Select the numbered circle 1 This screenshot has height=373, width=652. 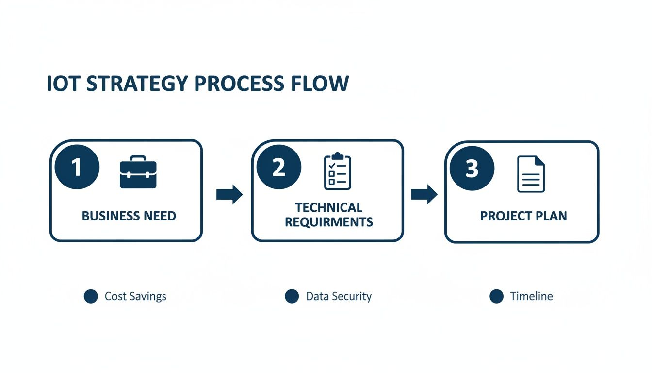[x=77, y=167]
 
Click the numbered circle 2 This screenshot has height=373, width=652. [x=278, y=167]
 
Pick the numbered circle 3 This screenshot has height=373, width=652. [x=472, y=169]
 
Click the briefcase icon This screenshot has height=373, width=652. [x=138, y=172]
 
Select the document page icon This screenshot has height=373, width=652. [x=531, y=173]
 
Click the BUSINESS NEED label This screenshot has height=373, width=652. [x=129, y=216]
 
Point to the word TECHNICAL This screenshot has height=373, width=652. [x=328, y=208]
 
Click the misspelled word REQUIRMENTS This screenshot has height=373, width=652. [x=328, y=222]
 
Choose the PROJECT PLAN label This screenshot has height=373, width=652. [x=523, y=216]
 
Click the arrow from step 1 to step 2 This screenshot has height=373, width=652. [x=229, y=194]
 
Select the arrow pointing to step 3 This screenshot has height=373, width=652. [x=424, y=194]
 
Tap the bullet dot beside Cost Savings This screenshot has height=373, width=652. [x=91, y=296]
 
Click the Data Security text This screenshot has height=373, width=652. [x=339, y=296]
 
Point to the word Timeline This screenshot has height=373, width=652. [x=531, y=296]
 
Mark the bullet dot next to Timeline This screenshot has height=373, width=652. [x=496, y=296]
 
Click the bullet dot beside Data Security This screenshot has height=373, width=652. [x=292, y=296]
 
